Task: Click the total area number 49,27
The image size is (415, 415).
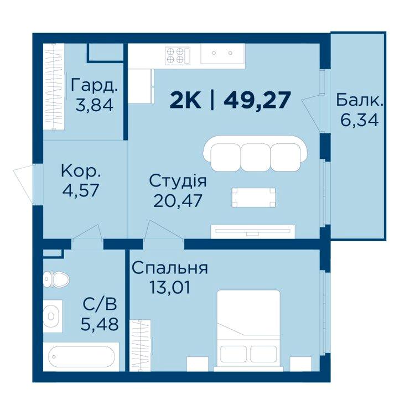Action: pyautogui.click(x=257, y=100)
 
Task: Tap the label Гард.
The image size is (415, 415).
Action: pyautogui.click(x=94, y=86)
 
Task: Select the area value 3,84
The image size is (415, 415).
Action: pyautogui.click(x=95, y=105)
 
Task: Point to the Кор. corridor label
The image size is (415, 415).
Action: pyautogui.click(x=81, y=171)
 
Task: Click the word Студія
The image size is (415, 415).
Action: pyautogui.click(x=178, y=181)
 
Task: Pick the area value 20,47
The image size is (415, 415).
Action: pyautogui.click(x=178, y=201)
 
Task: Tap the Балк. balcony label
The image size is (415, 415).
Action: pyautogui.click(x=360, y=100)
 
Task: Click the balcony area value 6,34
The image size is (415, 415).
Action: pyautogui.click(x=360, y=120)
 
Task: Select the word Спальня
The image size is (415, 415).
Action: pyautogui.click(x=170, y=268)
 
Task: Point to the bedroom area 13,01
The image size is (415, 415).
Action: pyautogui.click(x=170, y=287)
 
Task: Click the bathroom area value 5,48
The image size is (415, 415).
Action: pyautogui.click(x=100, y=324)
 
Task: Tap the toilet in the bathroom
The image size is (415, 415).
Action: pyautogui.click(x=56, y=279)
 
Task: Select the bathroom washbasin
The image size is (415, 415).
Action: pyautogui.click(x=53, y=316)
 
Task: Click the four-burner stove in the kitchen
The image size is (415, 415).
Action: pyautogui.click(x=178, y=55)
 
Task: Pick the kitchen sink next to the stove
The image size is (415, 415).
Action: pyautogui.click(x=222, y=54)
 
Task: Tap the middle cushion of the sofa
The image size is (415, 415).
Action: pyautogui.click(x=256, y=157)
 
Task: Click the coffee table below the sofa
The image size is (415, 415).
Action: pyautogui.click(x=253, y=198)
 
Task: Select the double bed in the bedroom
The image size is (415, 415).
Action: pyautogui.click(x=248, y=330)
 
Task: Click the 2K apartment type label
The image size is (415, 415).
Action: pyautogui.click(x=185, y=101)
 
